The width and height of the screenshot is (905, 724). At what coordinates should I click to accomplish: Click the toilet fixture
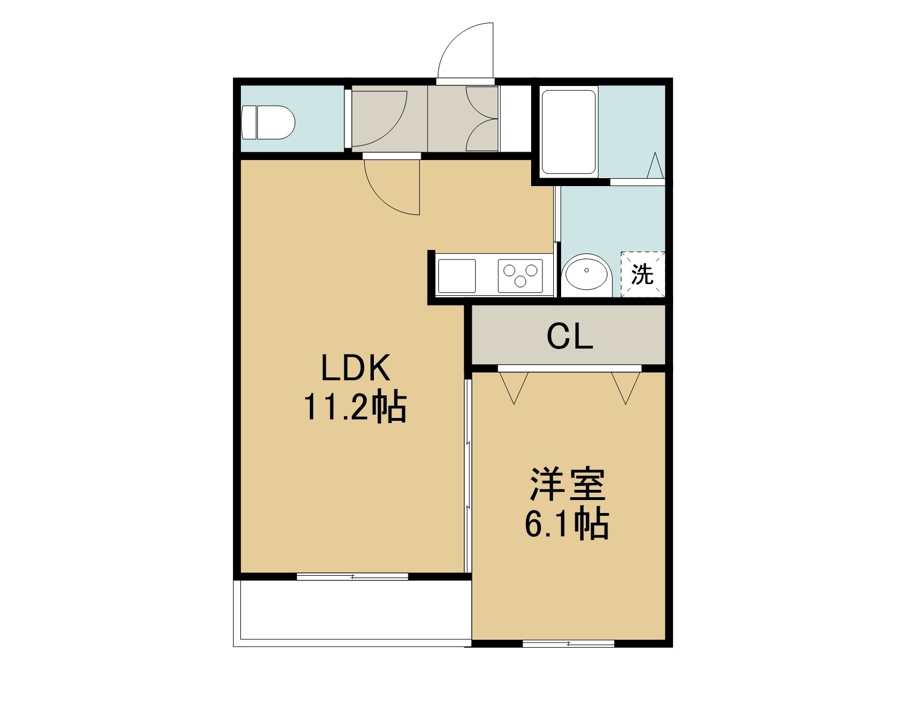tap(268, 122)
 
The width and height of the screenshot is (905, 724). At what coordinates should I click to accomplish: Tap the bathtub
tap(569, 132)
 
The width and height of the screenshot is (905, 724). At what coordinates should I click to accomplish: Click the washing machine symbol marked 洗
tap(643, 275)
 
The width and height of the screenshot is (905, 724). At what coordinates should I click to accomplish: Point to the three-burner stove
tap(520, 276)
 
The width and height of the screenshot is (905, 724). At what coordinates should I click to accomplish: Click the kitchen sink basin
tap(456, 276)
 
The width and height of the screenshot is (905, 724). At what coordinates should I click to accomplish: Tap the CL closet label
tap(570, 337)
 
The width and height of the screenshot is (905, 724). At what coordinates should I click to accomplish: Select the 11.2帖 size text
tap(355, 407)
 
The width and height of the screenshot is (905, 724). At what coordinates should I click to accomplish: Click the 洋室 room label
tap(567, 485)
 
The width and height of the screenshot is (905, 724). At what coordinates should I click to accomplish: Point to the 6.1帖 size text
tap(567, 524)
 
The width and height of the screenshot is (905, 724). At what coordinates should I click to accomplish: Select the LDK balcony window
tap(352, 576)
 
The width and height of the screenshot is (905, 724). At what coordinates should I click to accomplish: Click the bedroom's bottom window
tap(568, 643)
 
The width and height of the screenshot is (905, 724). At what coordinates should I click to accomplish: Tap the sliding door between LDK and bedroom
tap(468, 476)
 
